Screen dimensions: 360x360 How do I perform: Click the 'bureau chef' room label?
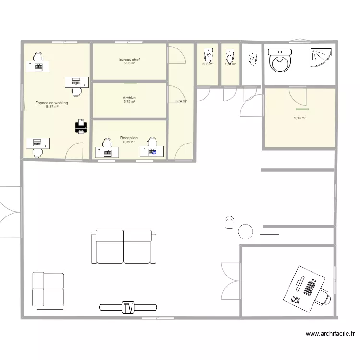click(130, 60)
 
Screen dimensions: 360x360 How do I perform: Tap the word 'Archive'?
click(130, 98)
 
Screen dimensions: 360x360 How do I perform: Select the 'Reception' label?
click(129, 138)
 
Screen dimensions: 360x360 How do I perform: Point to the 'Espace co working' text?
click(51, 103)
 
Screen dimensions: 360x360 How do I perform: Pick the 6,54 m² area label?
click(181, 101)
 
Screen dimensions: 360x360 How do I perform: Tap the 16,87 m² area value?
click(51, 107)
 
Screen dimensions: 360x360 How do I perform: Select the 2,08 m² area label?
click(207, 64)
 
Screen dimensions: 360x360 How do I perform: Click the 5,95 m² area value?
click(130, 63)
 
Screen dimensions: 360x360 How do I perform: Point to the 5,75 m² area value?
click(130, 102)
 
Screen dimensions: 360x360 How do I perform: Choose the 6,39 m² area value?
click(129, 142)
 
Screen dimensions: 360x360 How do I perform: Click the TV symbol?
click(128, 307)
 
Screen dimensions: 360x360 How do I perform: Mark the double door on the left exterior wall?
click(11, 212)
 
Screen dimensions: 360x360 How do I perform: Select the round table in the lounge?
click(245, 231)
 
